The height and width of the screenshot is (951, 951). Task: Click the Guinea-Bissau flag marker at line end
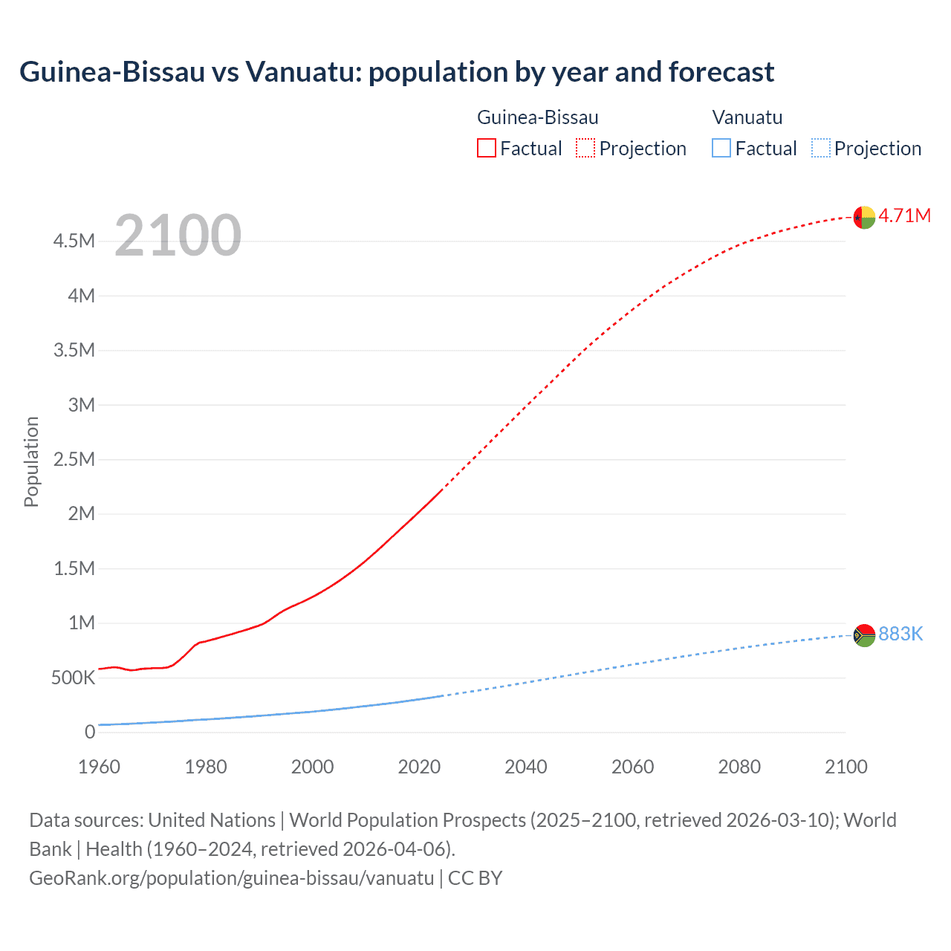[864, 217]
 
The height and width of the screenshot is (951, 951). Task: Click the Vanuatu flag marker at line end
[864, 635]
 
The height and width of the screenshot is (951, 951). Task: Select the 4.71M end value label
[904, 215]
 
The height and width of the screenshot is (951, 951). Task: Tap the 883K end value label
[900, 634]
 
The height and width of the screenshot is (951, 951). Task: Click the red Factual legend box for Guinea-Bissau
[486, 149]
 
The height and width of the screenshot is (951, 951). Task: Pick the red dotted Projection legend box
[585, 149]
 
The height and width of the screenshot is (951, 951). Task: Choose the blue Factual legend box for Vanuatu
[721, 149]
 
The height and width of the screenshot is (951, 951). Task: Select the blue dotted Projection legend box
[821, 149]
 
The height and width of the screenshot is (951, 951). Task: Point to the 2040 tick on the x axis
[525, 767]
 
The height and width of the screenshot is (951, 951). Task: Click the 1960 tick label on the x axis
[99, 767]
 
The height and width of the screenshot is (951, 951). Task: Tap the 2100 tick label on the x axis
[845, 767]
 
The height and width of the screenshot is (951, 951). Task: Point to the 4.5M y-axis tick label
[74, 241]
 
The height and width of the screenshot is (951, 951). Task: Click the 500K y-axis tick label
[73, 678]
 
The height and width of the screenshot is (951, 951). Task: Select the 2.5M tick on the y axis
[74, 459]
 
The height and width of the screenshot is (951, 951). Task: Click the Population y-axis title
[31, 461]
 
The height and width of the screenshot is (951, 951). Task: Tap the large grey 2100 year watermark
[178, 236]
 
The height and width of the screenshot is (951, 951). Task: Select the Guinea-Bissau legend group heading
[537, 117]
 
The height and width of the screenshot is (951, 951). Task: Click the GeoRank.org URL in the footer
[231, 877]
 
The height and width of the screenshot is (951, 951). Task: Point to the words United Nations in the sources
[212, 819]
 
